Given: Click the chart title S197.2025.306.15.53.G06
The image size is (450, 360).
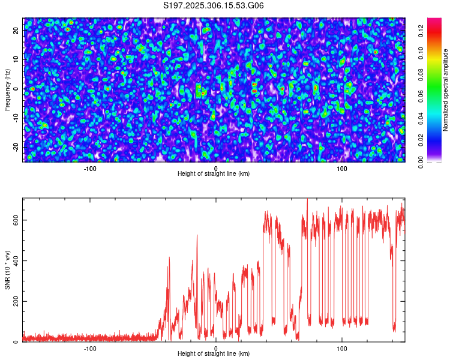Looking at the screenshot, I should click(214, 5).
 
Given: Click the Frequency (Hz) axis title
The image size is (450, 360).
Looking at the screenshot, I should click(7, 89).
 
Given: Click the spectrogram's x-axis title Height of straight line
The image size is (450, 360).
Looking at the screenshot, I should click(214, 173).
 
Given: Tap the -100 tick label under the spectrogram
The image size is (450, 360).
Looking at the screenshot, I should click(89, 168).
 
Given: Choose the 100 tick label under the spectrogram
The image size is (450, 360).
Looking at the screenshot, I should click(342, 168).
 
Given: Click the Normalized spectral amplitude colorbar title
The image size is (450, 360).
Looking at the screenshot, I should click(446, 89).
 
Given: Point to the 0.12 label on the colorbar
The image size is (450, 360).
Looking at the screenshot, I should click(421, 31).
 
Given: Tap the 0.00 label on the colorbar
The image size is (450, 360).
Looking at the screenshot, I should click(421, 161).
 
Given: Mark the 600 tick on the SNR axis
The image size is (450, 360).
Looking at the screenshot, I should click(14, 220).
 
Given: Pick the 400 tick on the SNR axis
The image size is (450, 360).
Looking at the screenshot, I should click(14, 260).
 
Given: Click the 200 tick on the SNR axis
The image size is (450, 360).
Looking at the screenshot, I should click(14, 301).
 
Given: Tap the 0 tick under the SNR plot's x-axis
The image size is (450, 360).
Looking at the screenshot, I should click(216, 348).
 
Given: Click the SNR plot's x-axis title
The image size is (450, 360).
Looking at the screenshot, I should click(214, 353).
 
